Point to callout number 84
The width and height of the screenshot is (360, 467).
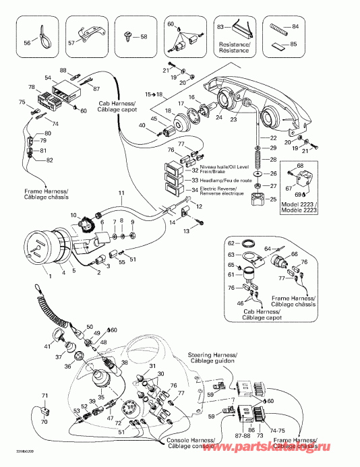tap(295, 28)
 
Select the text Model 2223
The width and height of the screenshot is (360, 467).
tap(299, 204)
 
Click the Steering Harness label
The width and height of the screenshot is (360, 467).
tap(220, 354)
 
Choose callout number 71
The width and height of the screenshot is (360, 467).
tap(45, 396)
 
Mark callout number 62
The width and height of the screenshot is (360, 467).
tap(230, 243)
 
